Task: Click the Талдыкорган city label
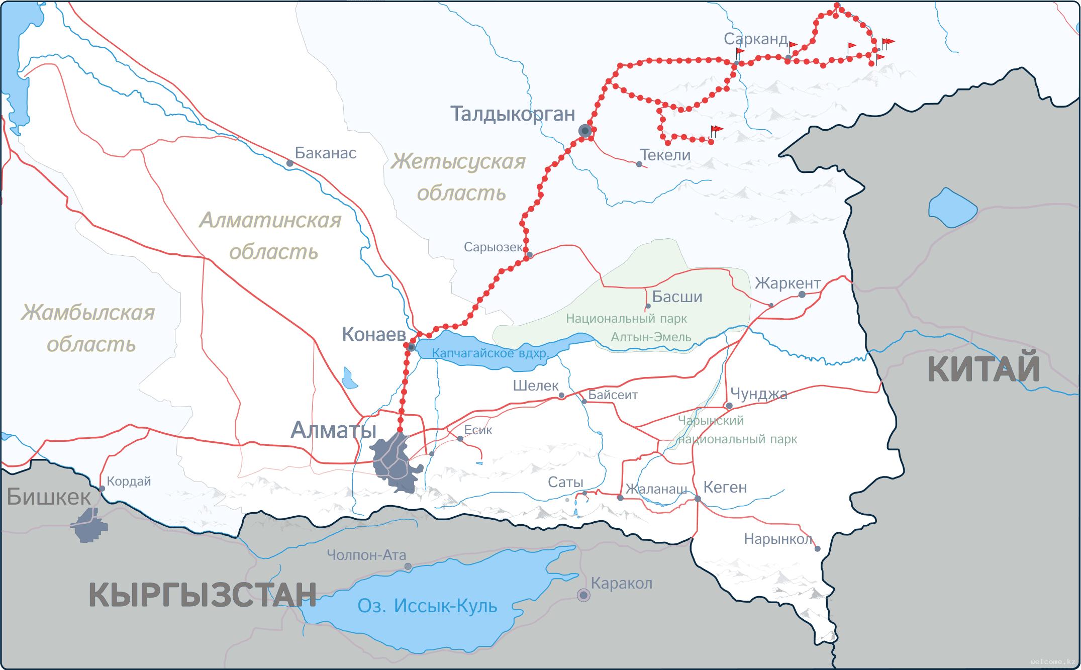tap(512, 114)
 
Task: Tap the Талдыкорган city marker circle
tap(584, 131)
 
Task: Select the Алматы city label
tap(333, 430)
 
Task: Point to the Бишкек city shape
tap(89, 525)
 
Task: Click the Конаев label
tap(373, 334)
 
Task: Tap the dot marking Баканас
tap(289, 163)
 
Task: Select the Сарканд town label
tap(755, 39)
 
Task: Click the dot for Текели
tap(639, 164)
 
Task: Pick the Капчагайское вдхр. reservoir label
tap(490, 353)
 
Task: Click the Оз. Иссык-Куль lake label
tap(427, 606)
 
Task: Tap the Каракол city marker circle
tap(583, 595)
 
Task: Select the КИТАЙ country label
tap(983, 369)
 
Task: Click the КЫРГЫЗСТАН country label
tap(203, 595)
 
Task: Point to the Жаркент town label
tap(787, 283)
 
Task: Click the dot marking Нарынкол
tap(817, 549)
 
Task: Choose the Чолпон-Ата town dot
tap(408, 566)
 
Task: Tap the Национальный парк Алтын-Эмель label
tap(626, 328)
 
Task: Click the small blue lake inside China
tap(952, 208)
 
